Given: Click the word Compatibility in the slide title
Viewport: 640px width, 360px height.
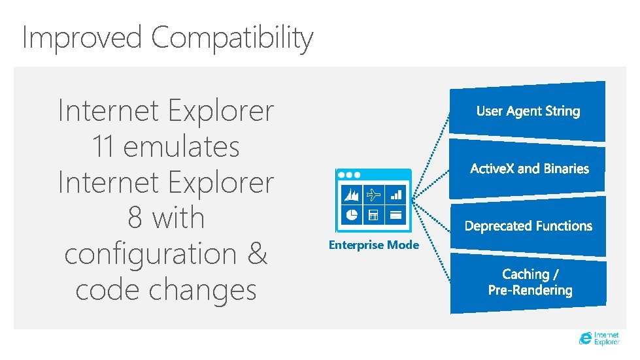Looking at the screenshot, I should pyautogui.click(x=232, y=38).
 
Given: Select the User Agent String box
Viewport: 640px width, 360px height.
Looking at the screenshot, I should pyautogui.click(x=528, y=111).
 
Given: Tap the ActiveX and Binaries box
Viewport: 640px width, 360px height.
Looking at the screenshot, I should pyautogui.click(x=529, y=169).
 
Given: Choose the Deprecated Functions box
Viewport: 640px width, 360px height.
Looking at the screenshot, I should pyautogui.click(x=528, y=226).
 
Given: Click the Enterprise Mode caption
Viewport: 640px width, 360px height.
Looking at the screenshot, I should pyautogui.click(x=373, y=245).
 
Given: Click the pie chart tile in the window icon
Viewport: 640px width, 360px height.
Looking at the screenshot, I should pyautogui.click(x=352, y=214).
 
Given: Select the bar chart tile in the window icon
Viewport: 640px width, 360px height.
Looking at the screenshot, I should pyautogui.click(x=396, y=195).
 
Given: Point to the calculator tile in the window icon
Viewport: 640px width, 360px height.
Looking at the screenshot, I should pyautogui.click(x=374, y=214).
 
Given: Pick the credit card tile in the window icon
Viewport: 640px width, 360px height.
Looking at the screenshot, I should pyautogui.click(x=396, y=214).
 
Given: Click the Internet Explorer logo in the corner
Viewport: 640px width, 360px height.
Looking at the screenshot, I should pyautogui.click(x=599, y=338).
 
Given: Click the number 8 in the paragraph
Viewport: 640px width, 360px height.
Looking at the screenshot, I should pyautogui.click(x=135, y=218).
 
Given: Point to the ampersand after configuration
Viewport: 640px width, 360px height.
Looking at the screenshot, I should pyautogui.click(x=258, y=254).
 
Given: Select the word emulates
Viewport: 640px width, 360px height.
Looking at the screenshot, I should pyautogui.click(x=181, y=146).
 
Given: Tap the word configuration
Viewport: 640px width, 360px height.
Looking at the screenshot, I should pyautogui.click(x=150, y=254).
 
